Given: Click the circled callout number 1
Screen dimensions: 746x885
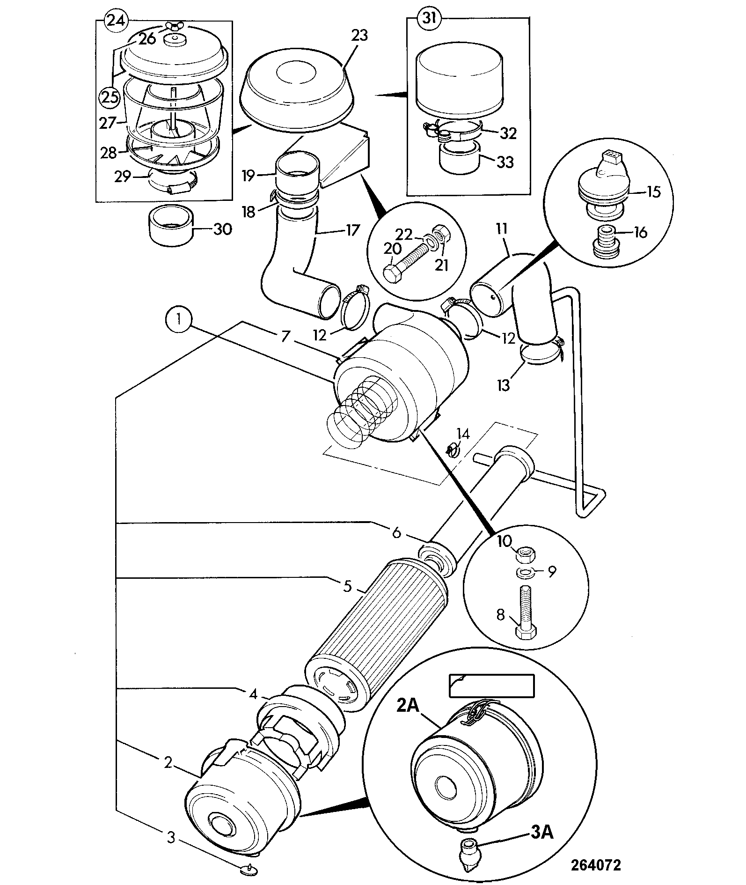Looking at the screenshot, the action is pos(178,321).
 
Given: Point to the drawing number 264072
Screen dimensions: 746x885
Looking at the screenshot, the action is pos(595,864).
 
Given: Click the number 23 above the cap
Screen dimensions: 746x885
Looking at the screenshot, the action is pos(359,37).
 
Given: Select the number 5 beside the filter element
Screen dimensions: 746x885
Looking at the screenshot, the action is pos(347,586).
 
